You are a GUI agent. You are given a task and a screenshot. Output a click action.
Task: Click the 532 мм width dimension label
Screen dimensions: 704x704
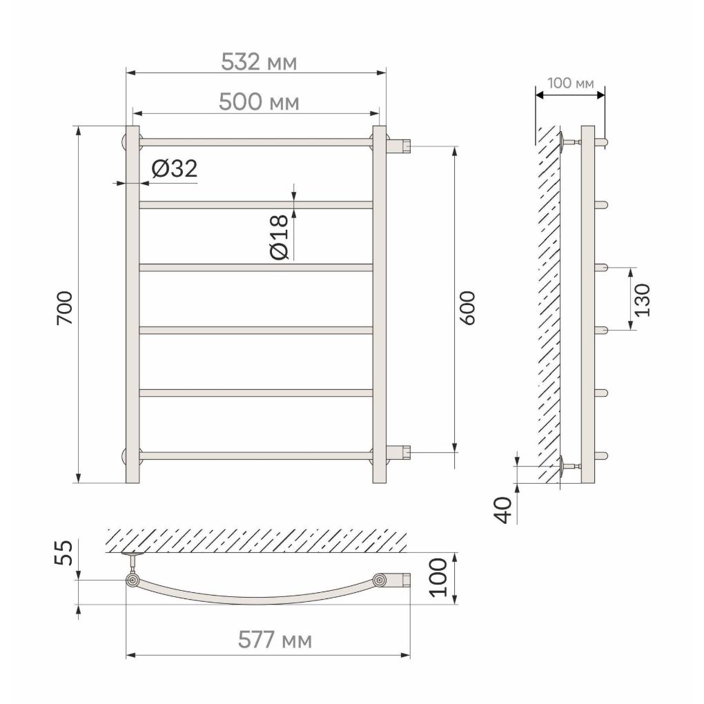point(259,62)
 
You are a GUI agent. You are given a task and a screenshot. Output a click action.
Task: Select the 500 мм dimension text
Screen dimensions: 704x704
point(259,102)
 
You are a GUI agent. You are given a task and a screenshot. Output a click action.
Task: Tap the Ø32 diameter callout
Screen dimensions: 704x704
point(175,169)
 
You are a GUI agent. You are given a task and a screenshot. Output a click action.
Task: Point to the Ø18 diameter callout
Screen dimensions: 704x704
point(280,237)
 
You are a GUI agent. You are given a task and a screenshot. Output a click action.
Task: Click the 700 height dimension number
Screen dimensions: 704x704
point(65,308)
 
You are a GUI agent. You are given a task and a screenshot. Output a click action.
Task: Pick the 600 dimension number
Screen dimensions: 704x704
point(467,308)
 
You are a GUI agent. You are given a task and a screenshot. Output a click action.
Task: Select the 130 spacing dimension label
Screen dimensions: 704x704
point(643,300)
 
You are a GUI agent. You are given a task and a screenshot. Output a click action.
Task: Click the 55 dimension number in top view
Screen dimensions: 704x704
point(63,553)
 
